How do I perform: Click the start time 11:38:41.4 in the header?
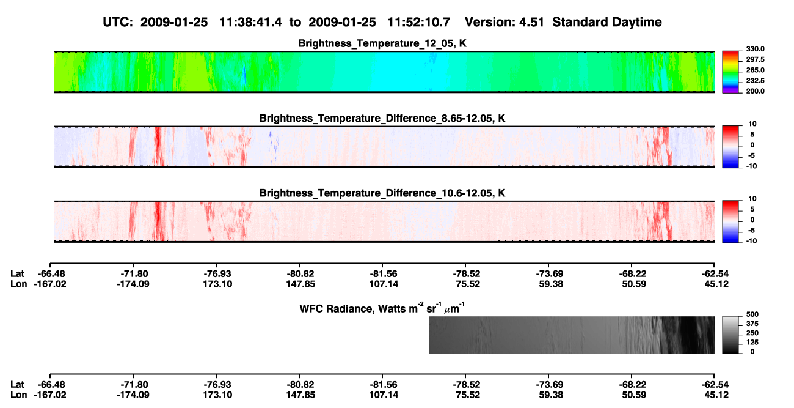pos(250,22)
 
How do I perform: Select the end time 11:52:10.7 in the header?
pos(418,22)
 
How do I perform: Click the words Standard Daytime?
pos(607,22)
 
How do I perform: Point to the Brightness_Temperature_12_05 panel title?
pos(382,43)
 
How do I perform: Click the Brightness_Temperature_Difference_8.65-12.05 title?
pos(382,118)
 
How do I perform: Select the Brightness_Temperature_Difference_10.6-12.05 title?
pos(382,193)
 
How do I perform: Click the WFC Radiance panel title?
pos(382,308)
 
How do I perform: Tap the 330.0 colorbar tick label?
pos(755,49)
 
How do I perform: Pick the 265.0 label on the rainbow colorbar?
pos(755,70)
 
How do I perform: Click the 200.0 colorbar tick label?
pos(755,91)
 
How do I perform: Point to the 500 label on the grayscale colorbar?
pos(752,314)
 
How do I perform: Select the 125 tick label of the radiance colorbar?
pos(752,343)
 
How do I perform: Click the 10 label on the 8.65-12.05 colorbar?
pos(752,124)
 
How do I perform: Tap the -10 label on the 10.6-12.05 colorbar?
pos(751,241)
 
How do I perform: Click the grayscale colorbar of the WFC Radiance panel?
pos(730,335)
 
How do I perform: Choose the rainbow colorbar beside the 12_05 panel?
pos(730,72)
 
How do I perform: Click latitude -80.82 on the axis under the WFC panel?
pos(299,385)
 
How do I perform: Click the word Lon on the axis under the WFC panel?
pos(18,395)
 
